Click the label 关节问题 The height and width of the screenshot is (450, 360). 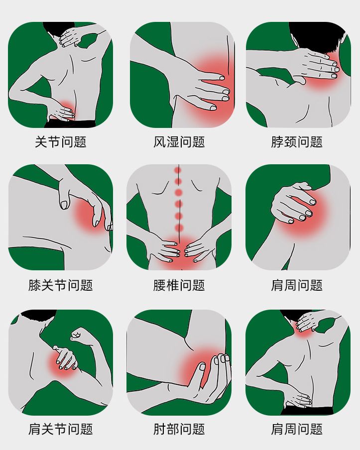tap(61, 142)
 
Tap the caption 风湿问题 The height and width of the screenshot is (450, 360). tap(179, 142)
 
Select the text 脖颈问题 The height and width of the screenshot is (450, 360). tap(297, 142)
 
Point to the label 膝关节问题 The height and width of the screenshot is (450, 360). tap(61, 285)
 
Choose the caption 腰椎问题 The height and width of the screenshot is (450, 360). tap(179, 285)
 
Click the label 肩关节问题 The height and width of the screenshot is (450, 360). tap(61, 429)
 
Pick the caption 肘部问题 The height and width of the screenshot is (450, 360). tap(179, 429)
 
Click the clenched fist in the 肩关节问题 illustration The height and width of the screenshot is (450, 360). tap(79, 335)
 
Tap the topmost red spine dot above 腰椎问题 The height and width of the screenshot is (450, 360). tap(178, 170)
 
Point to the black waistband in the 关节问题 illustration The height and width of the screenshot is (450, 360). tap(70, 124)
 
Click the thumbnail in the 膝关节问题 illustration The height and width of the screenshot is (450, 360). tap(64, 205)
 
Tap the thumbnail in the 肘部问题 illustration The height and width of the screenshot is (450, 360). tap(202, 366)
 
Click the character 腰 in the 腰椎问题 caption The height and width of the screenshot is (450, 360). tap(159, 285)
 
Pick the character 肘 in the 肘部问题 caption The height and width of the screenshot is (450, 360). tap(159, 429)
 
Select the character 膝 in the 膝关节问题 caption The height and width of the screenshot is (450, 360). tap(34, 285)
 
